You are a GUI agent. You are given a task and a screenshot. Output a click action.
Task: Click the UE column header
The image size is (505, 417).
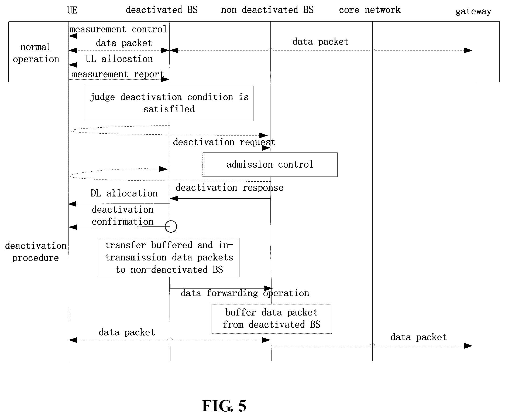coord(72,10)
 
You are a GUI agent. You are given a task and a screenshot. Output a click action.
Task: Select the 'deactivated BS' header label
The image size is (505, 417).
coord(162,10)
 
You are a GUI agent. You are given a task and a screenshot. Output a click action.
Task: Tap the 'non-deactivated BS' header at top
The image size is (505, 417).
coord(267,10)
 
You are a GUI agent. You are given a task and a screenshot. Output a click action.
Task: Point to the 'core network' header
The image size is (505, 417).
coord(370,10)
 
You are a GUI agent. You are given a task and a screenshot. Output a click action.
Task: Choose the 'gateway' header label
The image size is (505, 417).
coord(473,12)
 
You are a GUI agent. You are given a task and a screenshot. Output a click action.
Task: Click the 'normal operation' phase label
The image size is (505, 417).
coord(36,53)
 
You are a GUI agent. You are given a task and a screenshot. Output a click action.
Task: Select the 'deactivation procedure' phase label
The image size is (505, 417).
coord(36,252)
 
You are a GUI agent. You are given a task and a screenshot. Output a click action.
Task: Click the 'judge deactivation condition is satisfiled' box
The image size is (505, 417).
coord(169,103)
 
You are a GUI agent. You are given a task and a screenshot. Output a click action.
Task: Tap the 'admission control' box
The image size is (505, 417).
coord(270,165)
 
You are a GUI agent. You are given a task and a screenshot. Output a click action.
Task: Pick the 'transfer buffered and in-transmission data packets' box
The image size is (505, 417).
coord(169,257)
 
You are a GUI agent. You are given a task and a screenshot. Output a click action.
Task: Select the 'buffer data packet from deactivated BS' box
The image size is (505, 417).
coord(271,319)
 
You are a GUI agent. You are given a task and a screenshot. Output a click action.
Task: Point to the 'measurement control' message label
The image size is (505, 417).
coord(118,29)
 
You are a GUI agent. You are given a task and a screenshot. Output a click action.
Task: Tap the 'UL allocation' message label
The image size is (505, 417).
coord(119,59)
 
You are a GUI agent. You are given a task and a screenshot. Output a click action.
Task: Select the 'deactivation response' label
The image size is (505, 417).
coord(229,188)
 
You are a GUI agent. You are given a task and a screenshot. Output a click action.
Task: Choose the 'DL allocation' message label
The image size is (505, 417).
coord(124,193)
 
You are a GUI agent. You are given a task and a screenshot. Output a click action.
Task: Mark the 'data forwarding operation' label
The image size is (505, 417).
coord(245,293)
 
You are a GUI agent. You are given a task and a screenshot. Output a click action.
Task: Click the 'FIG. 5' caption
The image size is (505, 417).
coord(224,406)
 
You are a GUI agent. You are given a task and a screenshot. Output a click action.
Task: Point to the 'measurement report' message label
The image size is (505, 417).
coord(118,74)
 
